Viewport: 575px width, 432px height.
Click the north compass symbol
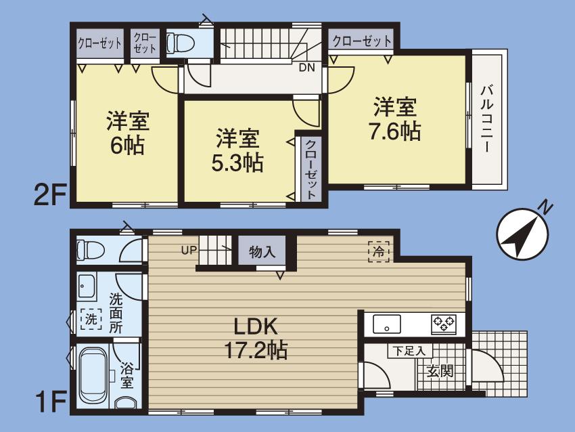(521, 230)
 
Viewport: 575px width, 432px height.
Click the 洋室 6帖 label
(127, 133)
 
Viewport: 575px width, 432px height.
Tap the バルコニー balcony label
(487, 119)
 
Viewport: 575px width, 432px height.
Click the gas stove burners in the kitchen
(444, 324)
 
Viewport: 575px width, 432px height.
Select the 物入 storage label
(262, 253)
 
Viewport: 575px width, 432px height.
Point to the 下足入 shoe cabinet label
(410, 351)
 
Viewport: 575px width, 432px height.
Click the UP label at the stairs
(189, 250)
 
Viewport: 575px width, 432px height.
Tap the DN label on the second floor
(306, 67)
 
